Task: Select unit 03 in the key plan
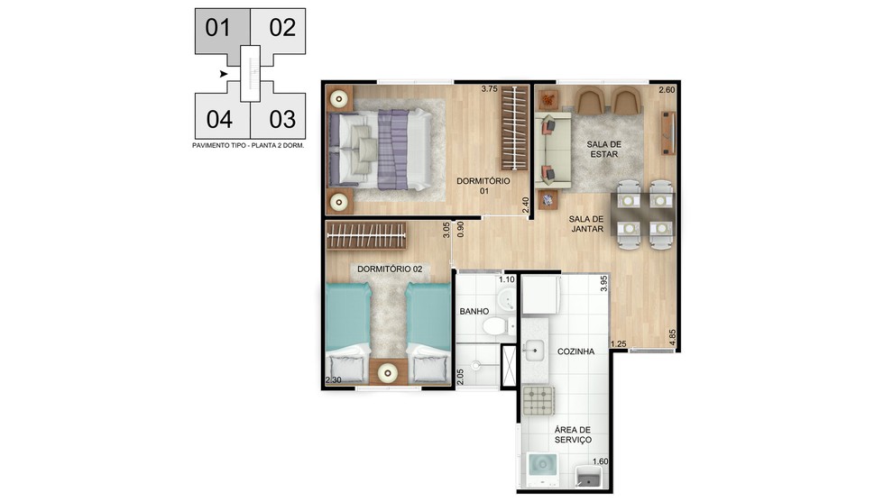(x=282, y=120)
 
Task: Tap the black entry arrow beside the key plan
(x=224, y=74)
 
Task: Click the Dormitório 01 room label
(x=483, y=186)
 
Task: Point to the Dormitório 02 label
(x=390, y=269)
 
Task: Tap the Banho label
(x=474, y=311)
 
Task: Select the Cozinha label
(x=575, y=351)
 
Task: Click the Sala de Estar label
(x=604, y=149)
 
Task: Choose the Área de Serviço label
(x=573, y=434)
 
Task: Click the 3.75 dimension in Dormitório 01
(x=489, y=89)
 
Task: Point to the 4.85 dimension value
(x=673, y=337)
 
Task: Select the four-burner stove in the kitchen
(x=539, y=400)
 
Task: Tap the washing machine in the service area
(x=542, y=469)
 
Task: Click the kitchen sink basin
(x=534, y=351)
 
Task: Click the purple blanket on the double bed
(x=393, y=150)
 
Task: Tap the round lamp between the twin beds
(x=389, y=373)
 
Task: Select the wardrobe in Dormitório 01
(x=514, y=127)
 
